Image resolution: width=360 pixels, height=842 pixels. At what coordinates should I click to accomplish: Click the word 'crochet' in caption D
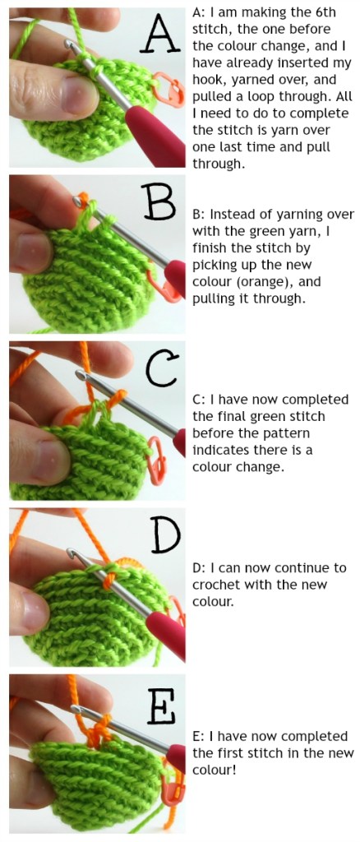[x=215, y=585]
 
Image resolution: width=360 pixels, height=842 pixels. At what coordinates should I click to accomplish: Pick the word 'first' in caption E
[x=234, y=753]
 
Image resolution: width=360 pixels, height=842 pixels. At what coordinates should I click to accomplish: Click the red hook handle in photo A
[x=148, y=123]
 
